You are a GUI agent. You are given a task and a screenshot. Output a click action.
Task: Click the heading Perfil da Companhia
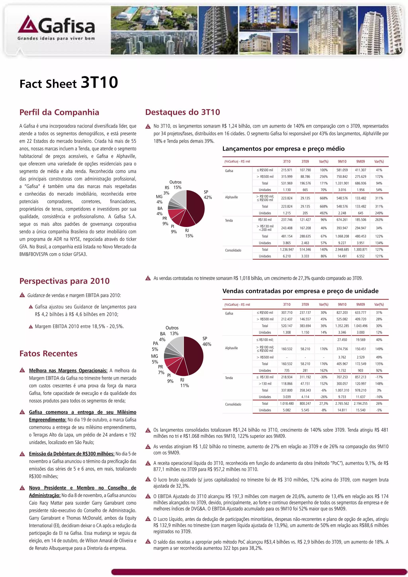click(x=59, y=112)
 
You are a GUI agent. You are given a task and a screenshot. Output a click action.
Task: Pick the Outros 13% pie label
click(x=172, y=331)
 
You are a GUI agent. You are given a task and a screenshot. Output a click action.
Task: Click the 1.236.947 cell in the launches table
click(x=287, y=249)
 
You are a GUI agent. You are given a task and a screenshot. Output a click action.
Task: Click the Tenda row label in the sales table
click(x=229, y=378)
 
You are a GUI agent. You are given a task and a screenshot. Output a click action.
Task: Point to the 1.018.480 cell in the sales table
click(x=287, y=403)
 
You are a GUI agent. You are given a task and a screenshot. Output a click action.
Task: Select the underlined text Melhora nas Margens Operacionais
click(x=68, y=370)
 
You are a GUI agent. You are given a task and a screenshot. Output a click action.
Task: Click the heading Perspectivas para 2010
click(x=65, y=281)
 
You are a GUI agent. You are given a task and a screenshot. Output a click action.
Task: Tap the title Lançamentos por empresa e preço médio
click(x=283, y=149)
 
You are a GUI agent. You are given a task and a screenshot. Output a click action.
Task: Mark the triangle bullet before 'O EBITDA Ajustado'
click(x=148, y=496)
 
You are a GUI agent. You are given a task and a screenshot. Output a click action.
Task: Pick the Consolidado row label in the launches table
click(x=233, y=250)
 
